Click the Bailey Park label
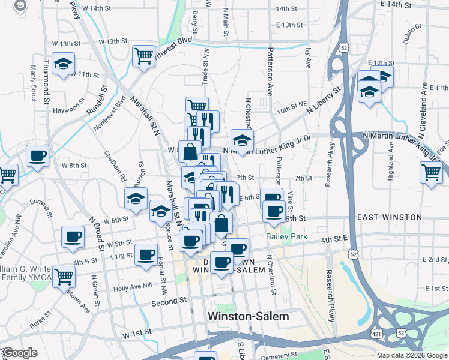[286, 237]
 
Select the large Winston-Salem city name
[248, 316]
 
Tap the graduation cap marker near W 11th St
[62, 64]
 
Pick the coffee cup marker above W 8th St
[38, 155]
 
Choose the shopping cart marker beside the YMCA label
[64, 277]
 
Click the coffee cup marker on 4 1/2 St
[146, 254]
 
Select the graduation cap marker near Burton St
[136, 197]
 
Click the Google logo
[20, 353]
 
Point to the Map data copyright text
[411, 355]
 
